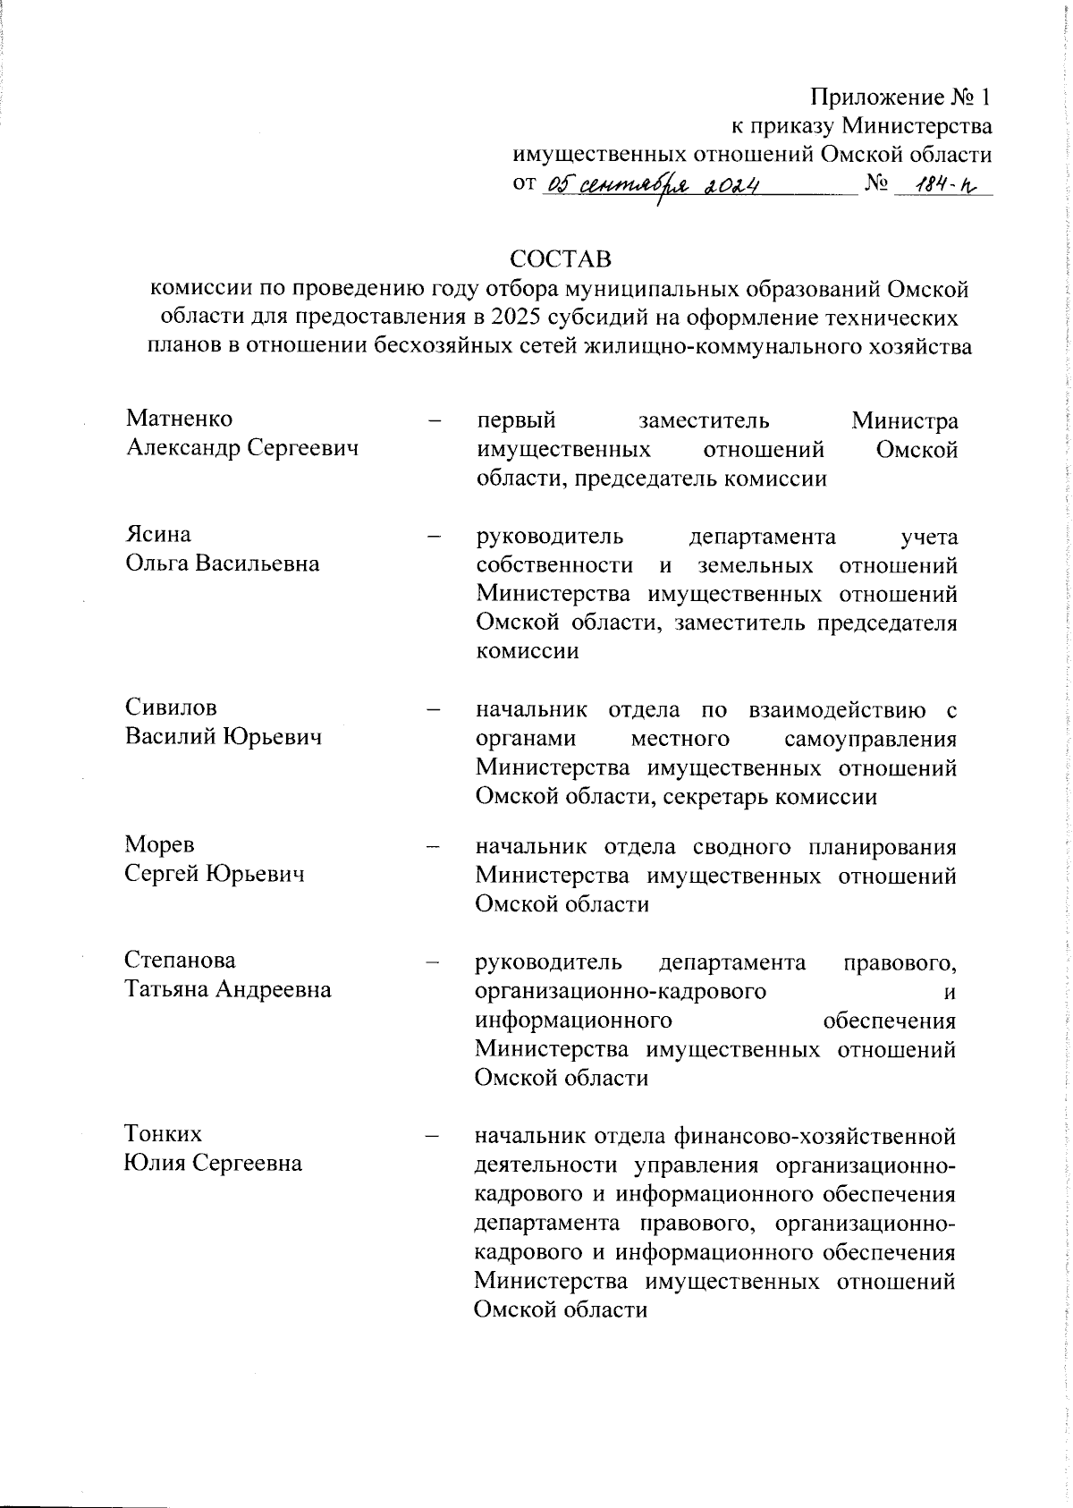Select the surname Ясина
tap(157, 535)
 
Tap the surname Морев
tap(160, 844)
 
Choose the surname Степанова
tap(181, 961)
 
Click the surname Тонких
tap(164, 1134)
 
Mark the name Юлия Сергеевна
tap(213, 1163)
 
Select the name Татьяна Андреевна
tap(227, 989)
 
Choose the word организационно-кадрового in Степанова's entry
tap(621, 991)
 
